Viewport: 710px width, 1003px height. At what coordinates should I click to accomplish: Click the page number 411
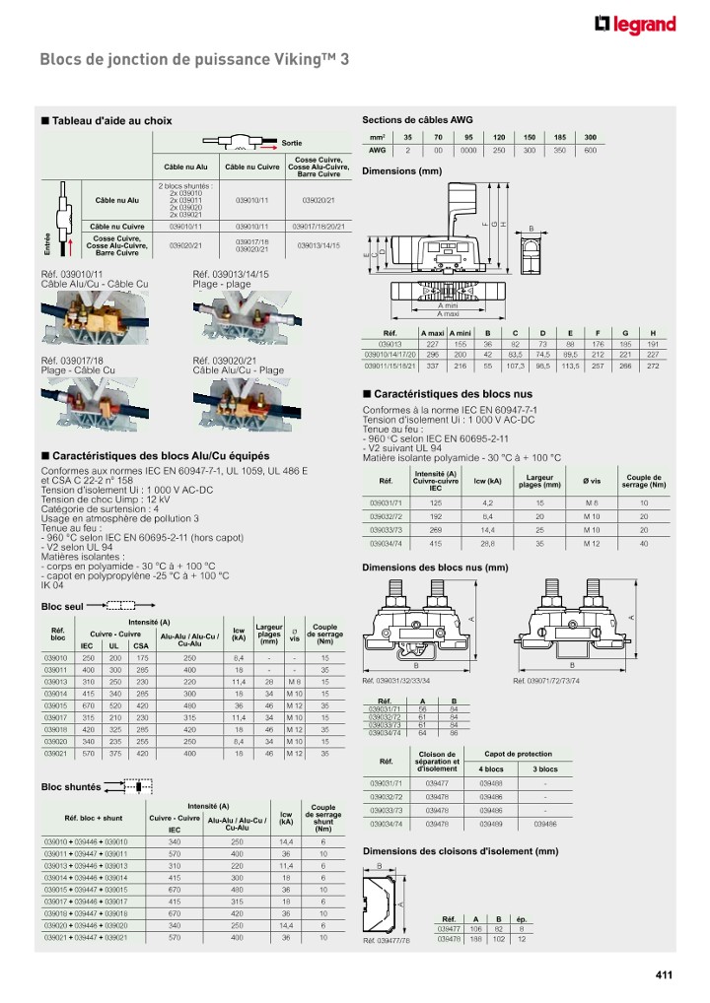663,975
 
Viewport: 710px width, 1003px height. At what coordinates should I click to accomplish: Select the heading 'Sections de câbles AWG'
418,119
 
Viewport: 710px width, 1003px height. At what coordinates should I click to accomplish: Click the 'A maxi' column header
433,333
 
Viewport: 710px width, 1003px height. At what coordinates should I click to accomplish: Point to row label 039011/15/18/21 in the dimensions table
390,366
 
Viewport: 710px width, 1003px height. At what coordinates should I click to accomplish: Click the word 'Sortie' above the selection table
292,143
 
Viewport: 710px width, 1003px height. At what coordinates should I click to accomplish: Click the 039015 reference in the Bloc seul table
56,704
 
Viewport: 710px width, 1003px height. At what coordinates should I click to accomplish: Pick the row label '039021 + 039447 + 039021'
87,937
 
